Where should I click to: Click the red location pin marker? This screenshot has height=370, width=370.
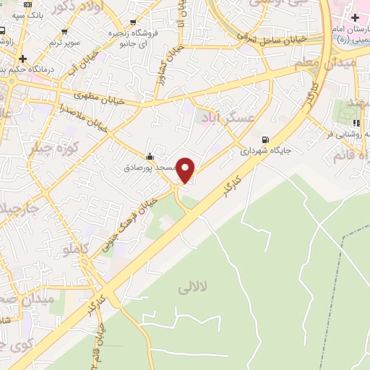click(186, 169)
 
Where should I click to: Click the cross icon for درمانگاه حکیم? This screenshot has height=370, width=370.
click(23, 58)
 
